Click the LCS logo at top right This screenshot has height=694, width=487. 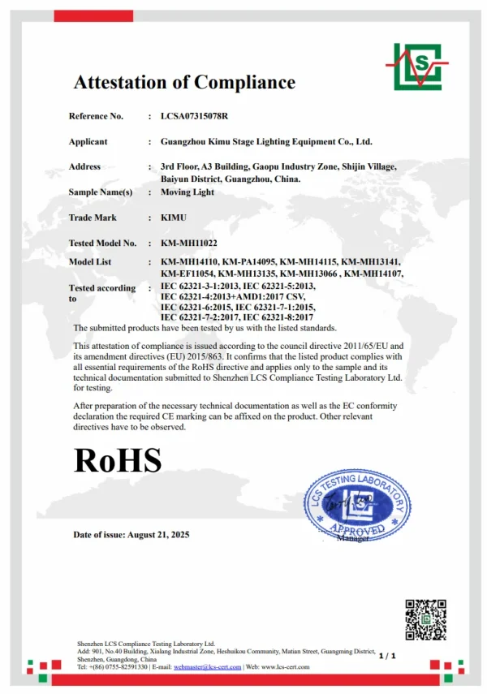point(416,66)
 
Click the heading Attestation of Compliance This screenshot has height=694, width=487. point(184,82)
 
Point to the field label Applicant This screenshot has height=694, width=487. point(88,141)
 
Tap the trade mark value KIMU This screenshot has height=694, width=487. point(175,218)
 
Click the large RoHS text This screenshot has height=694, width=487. point(118,459)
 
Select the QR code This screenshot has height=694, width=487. point(425,619)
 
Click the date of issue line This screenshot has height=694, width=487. point(131,535)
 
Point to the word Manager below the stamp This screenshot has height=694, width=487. point(352,538)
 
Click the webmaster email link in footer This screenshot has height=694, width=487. point(208,667)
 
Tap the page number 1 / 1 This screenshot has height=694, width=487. point(386,655)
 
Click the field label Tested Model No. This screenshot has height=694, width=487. point(102,243)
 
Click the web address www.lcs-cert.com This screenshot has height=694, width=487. point(288,667)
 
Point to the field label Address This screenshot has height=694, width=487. point(84,166)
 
